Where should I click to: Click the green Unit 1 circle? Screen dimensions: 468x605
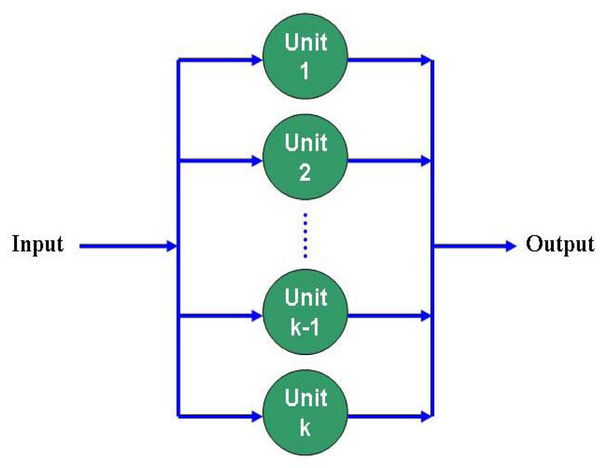point(305,56)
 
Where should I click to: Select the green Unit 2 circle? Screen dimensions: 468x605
point(305,157)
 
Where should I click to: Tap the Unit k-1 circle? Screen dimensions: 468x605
point(305,312)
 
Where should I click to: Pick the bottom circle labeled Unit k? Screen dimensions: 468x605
point(305,412)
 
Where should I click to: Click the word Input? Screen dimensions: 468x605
point(38,244)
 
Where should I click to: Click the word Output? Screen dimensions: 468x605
point(560,244)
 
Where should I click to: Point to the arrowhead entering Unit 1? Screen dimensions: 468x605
point(256,61)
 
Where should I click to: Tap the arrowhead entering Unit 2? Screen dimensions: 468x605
point(256,161)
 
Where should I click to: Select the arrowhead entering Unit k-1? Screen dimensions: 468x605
point(256,316)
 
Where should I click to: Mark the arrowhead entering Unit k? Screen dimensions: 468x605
point(256,416)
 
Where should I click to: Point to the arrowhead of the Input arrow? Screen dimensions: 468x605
point(171,246)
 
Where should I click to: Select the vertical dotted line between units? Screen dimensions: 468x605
point(305,236)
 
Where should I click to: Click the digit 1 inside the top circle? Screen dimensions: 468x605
point(305,71)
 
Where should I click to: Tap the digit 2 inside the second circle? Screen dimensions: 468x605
point(305,173)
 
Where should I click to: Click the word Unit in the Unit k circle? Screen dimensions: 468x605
point(306,398)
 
